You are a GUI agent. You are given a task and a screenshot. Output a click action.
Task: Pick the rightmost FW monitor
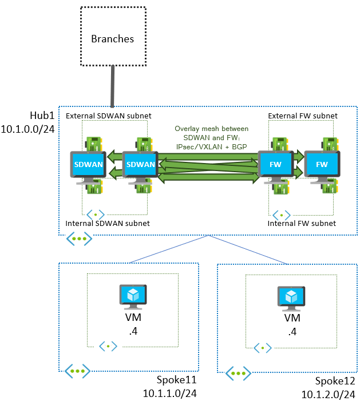click(322, 166)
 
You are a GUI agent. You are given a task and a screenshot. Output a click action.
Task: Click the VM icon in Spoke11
click(132, 296)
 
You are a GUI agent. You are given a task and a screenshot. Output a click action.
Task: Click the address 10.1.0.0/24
click(28, 129)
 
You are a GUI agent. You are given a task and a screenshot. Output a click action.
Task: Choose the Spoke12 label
click(335, 382)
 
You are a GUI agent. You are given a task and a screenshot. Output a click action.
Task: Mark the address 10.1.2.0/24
click(329, 395)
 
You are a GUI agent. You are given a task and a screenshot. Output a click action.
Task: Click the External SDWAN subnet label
click(108, 116)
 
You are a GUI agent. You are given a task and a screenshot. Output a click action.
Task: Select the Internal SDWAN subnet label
click(108, 223)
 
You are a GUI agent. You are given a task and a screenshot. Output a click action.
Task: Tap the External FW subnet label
click(302, 116)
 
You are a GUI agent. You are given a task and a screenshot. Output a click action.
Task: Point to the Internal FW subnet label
click(302, 223)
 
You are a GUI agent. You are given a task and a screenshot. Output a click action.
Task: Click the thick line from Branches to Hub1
click(113, 86)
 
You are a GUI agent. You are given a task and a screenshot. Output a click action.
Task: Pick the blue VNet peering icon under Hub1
click(79, 239)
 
